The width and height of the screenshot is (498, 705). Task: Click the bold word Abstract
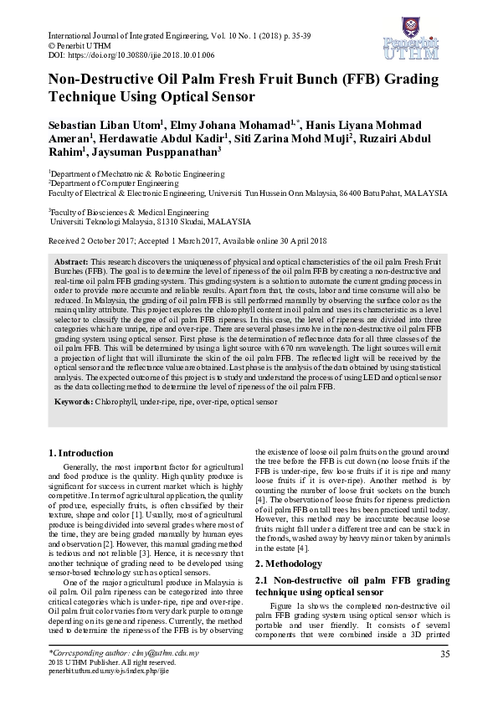pyautogui.click(x=70, y=262)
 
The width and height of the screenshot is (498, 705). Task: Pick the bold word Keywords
pyautogui.click(x=74, y=403)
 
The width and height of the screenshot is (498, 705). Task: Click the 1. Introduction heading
pyautogui.click(x=82, y=453)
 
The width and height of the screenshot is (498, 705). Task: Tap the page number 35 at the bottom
pyautogui.click(x=445, y=653)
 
